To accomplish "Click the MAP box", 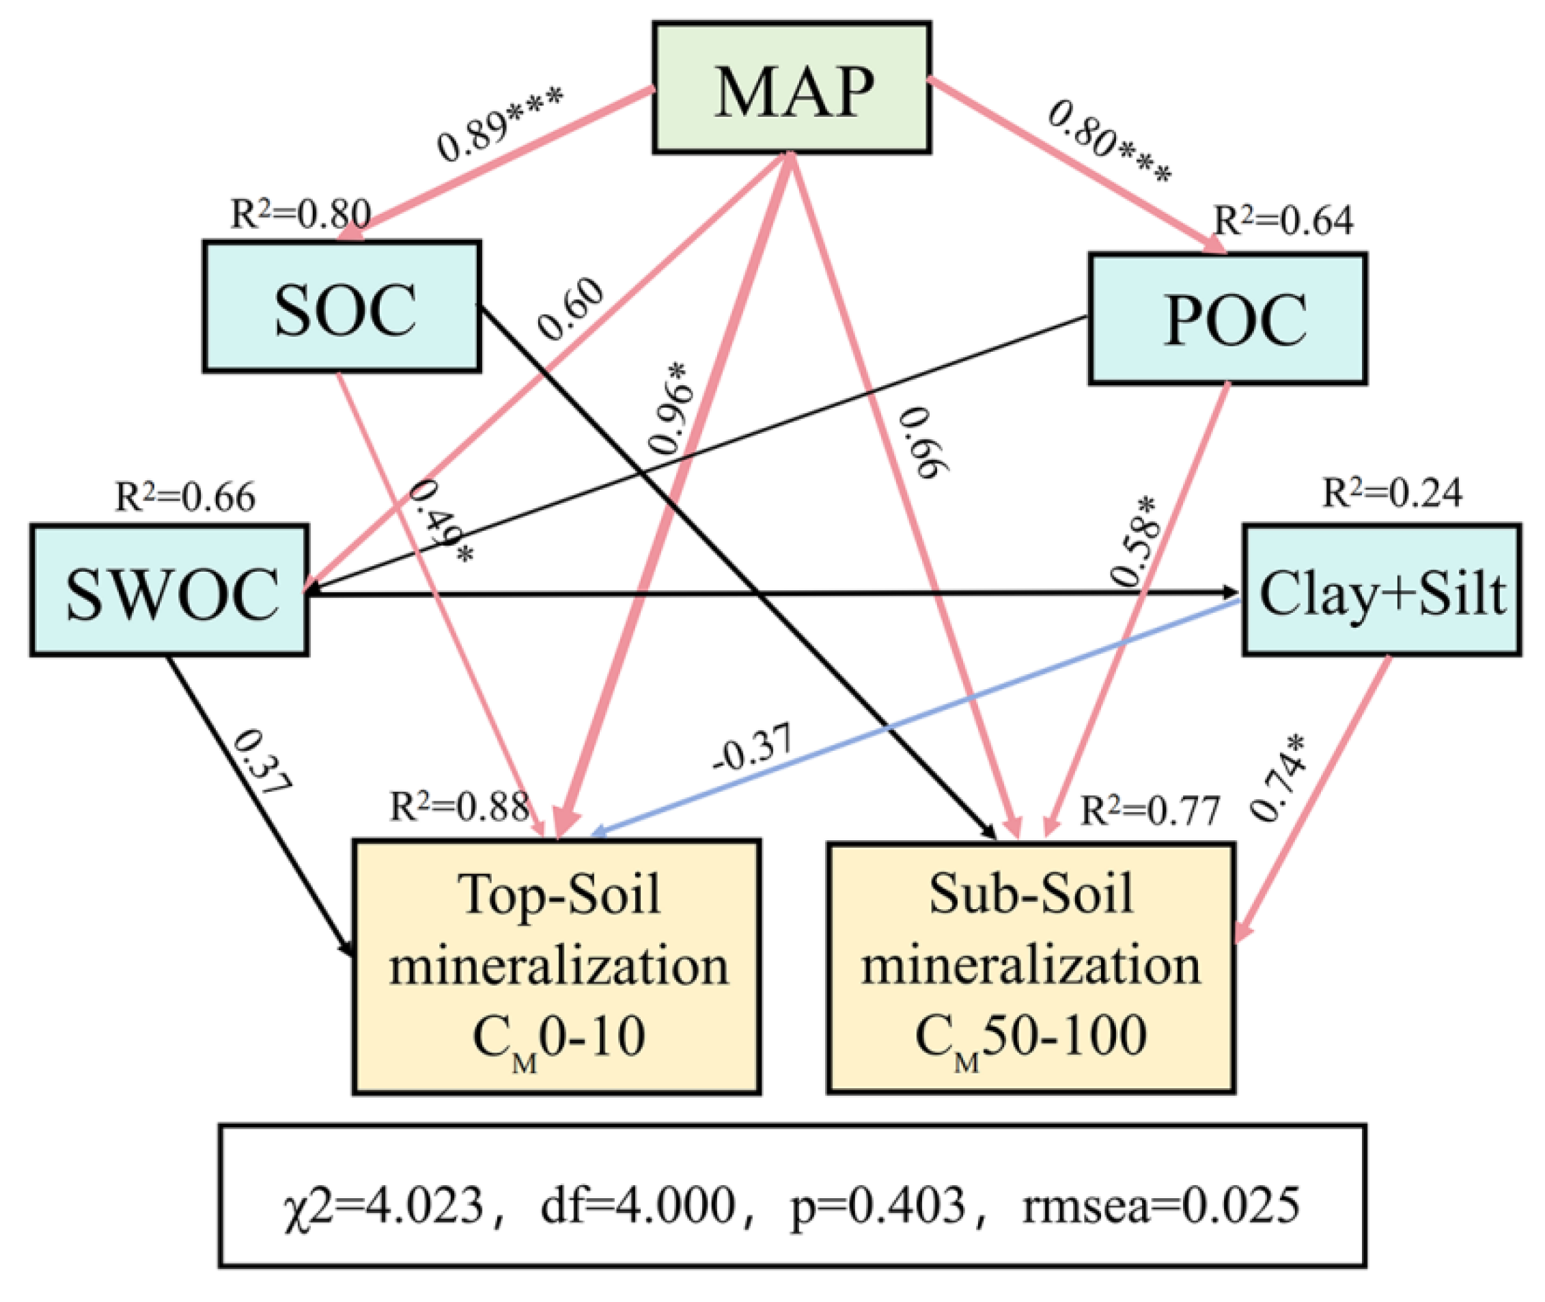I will click(791, 88).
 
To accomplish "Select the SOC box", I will click(342, 305).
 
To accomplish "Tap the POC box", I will click(1228, 319).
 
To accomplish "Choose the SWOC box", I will click(169, 590).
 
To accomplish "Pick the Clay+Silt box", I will click(1381, 590).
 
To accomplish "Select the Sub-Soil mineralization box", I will click(1030, 967).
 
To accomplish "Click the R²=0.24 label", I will click(1391, 493).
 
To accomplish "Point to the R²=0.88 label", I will click(459, 806).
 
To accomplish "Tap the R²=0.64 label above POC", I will click(1283, 220).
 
